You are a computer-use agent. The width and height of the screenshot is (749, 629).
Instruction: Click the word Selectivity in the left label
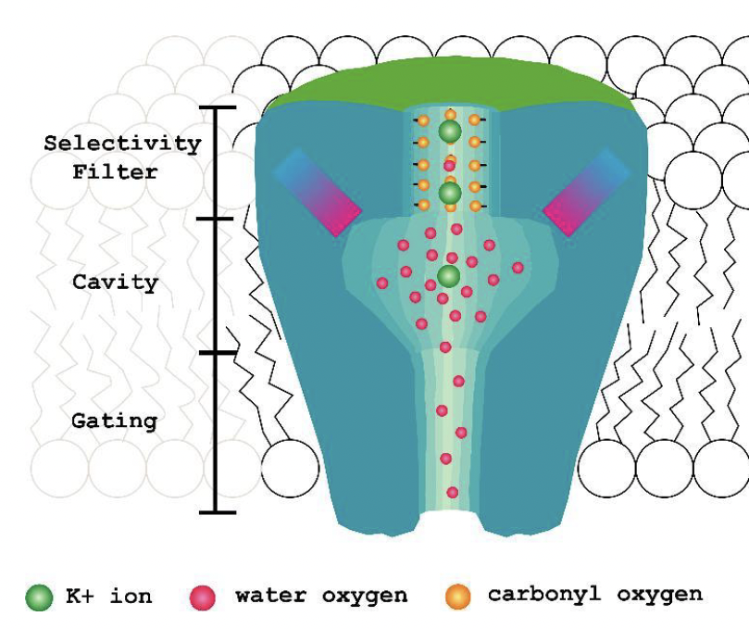[x=122, y=144]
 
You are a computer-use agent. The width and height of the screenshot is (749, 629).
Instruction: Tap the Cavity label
[x=116, y=283]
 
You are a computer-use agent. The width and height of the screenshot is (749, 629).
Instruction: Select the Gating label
[x=115, y=421]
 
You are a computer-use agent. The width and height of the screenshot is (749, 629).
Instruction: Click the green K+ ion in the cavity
[x=449, y=276]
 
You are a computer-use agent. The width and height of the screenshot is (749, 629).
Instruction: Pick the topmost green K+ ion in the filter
[x=450, y=132]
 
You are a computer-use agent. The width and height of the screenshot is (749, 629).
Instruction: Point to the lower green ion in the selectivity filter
[x=450, y=193]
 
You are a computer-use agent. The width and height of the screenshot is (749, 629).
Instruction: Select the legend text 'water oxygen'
[x=320, y=596]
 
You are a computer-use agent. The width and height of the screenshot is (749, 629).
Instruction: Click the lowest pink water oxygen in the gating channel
[x=452, y=493]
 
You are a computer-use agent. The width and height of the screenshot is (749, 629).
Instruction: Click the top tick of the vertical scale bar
[x=216, y=108]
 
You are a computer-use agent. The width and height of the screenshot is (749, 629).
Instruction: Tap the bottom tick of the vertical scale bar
[x=216, y=511]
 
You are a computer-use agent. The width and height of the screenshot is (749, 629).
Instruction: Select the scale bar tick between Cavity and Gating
[x=216, y=353]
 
